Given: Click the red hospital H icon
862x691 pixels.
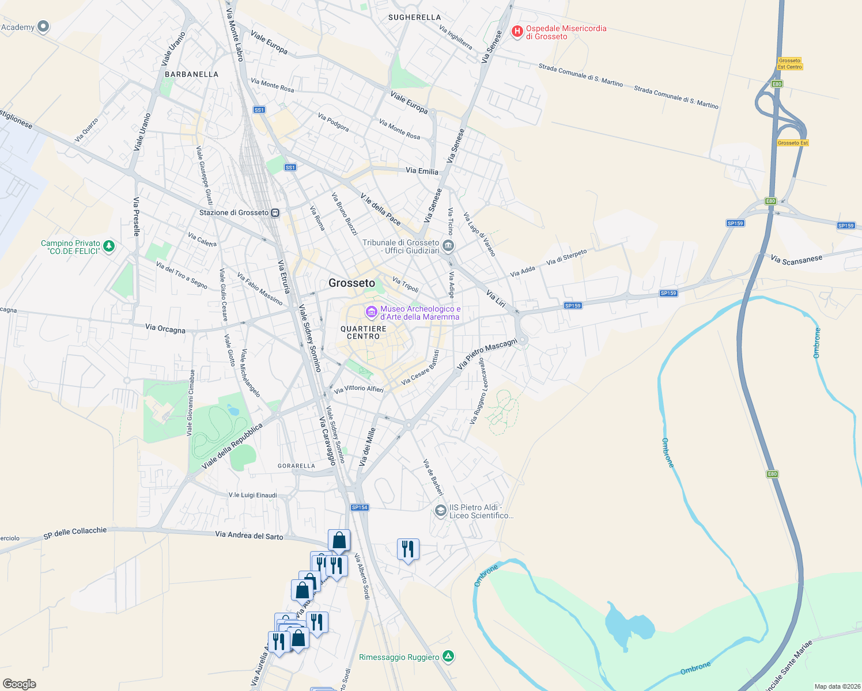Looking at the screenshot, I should pos(517,31).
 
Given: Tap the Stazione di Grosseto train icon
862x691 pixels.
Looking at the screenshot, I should pos(275,212).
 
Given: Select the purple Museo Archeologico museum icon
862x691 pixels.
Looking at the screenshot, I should pos(372,312).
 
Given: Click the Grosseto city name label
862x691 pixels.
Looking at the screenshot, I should pos(351,283).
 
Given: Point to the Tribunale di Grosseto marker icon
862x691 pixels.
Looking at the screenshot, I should pos(448,247).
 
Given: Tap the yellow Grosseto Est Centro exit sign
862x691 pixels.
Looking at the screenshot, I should pos(789,63).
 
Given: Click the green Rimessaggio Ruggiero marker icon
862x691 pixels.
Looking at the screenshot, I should pos(448,656).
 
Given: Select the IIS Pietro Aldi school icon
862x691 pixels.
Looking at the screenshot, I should pos(440,511).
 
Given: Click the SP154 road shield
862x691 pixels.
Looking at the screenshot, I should pos(360,507).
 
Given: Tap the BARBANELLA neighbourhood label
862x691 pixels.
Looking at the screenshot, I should pos(191,74).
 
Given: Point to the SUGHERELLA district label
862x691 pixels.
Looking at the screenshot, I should pos(414,17).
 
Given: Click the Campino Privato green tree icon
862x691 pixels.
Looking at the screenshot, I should pos(108,246).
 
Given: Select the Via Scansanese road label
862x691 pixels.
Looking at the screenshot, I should pos(797,260).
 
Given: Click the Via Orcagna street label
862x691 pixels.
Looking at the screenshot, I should pos(165,329).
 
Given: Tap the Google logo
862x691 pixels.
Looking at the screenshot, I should pos(19,684).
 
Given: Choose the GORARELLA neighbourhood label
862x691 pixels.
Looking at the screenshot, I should pos(296,466).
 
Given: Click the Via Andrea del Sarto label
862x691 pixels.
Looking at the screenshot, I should pos(249,536).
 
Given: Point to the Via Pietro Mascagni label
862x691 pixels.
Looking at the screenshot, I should pos(487,354).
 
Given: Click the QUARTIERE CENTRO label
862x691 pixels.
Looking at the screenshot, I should pos(363,332).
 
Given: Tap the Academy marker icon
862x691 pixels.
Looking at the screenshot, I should pos(43,26).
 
